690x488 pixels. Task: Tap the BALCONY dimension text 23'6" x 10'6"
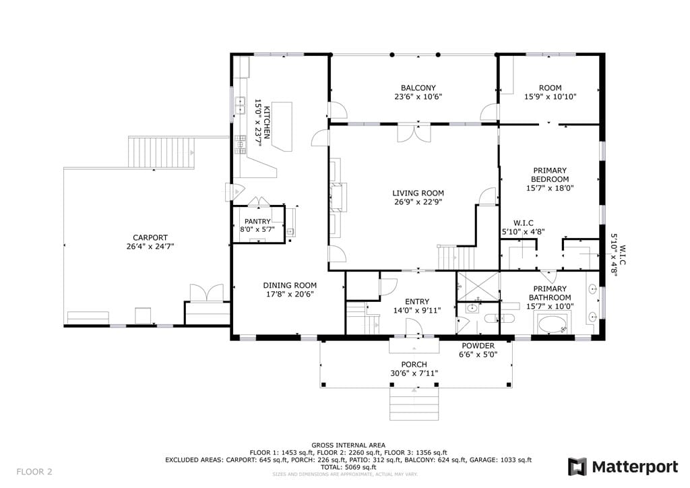(418, 97)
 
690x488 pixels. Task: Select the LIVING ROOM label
(418, 193)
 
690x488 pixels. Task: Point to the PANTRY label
(257, 221)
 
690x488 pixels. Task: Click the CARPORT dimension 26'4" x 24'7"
(150, 247)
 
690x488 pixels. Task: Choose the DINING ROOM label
(290, 285)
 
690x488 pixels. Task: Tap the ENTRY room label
(417, 301)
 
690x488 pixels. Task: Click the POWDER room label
(477, 346)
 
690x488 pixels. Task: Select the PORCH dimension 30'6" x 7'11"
(414, 374)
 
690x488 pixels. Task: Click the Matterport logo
(623, 466)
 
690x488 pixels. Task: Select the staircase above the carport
(161, 153)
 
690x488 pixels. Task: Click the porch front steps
(414, 404)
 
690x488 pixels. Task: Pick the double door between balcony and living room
(414, 134)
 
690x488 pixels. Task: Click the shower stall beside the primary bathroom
(478, 286)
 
